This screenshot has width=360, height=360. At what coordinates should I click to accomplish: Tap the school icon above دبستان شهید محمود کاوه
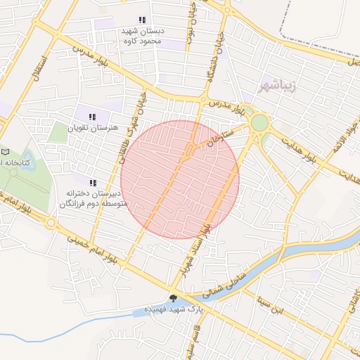142,20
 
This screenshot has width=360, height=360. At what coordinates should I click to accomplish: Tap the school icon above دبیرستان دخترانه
92,183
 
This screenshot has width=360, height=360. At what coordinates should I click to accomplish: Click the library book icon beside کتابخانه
6,152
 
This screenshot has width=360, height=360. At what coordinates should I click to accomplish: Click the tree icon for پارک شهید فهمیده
174,298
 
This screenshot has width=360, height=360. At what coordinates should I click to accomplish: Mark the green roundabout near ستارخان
259,123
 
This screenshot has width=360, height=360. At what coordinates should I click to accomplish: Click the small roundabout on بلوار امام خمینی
51,223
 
